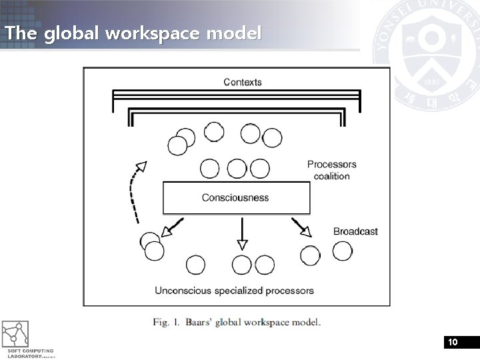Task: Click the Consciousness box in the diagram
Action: [x=236, y=197]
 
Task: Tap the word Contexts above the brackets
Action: [x=243, y=82]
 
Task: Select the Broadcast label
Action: [x=355, y=231]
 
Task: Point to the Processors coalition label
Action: [x=332, y=170]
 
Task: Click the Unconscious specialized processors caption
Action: [x=234, y=290]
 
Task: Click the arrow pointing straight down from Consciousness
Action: [x=243, y=233]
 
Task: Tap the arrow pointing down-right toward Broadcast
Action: [x=301, y=227]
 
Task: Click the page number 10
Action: [x=453, y=342]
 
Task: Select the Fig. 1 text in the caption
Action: [x=166, y=323]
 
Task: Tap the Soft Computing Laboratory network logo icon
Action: [x=15, y=334]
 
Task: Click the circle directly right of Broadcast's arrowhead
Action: [x=343, y=251]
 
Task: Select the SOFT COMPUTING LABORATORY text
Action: [x=30, y=353]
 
